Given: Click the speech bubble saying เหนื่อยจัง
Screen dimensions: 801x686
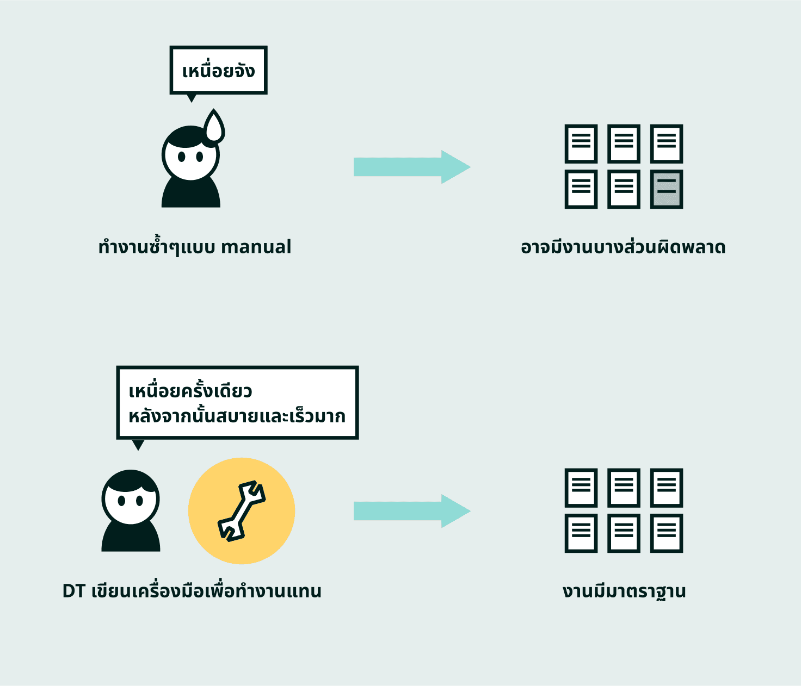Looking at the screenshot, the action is point(218,70).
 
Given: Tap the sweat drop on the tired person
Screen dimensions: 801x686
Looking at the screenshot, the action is point(214,128).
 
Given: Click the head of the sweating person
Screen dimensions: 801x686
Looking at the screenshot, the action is point(190,154).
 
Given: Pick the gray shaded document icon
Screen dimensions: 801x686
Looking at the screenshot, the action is point(667,189).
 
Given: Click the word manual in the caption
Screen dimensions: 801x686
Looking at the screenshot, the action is point(256,247).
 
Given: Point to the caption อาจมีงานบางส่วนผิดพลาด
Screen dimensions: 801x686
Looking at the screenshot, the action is point(623,247).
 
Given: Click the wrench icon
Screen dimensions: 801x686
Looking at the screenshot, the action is point(242,511).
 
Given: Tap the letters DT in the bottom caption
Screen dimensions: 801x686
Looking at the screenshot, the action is point(73,591).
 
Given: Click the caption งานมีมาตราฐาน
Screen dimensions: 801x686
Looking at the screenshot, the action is point(624,591).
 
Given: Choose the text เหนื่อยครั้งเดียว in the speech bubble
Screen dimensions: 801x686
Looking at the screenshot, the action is point(190,391).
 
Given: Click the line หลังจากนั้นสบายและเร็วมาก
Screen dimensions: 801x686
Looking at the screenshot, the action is point(237,416).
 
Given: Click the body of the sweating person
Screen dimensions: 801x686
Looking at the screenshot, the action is point(190,193).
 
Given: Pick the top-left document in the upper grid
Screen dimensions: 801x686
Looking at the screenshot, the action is point(581,144).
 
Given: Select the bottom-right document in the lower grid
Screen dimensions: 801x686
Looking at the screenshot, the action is point(667,533).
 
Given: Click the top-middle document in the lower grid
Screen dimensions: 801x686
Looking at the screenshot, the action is point(624,488).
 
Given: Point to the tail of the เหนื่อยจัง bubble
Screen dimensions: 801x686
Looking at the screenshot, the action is point(191,98).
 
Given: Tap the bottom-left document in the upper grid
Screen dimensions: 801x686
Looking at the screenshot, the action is point(581,189).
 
